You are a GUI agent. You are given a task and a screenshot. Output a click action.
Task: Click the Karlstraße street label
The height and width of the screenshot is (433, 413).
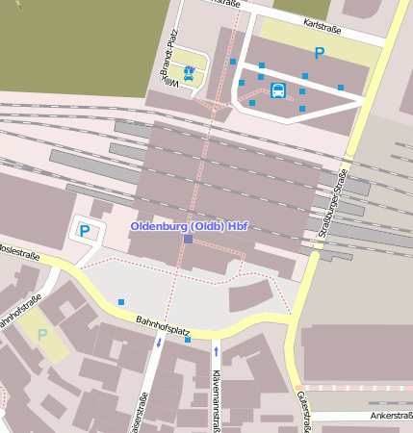click(324, 21)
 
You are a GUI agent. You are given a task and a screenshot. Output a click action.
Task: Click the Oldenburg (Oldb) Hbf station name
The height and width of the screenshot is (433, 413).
click(190, 226)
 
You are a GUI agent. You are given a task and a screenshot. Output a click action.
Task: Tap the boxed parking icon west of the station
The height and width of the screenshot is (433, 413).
click(84, 231)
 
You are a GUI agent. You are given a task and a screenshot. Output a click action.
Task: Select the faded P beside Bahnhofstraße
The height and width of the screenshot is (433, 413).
click(41, 335)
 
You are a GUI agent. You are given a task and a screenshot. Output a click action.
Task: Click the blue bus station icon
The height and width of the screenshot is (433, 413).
click(278, 90)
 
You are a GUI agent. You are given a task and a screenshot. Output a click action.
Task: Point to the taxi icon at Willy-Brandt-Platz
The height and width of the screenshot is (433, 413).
click(189, 71)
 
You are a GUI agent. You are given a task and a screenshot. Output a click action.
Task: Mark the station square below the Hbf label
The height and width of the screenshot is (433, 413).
click(189, 239)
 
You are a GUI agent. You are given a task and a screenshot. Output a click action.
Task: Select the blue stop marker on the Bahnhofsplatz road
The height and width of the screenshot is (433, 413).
click(188, 340)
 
